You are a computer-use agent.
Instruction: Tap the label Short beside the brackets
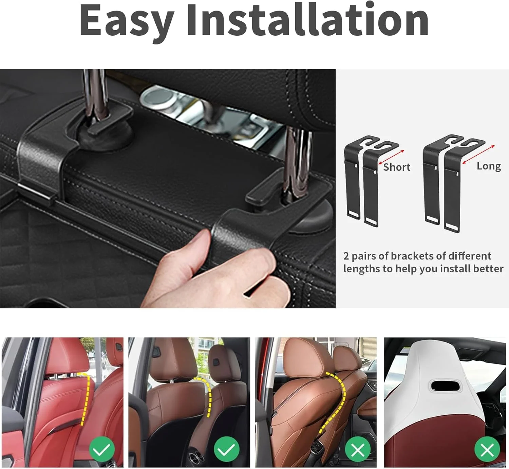tap(397, 167)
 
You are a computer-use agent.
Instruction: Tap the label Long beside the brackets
tap(489, 166)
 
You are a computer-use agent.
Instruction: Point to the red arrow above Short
tap(391, 157)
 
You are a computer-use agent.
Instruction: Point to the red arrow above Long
tap(478, 155)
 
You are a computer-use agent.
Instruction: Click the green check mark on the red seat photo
tap(101, 449)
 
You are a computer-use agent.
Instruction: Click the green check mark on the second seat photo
tap(227, 449)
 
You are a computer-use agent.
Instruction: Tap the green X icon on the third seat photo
tap(358, 450)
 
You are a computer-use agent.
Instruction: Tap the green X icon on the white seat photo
tap(487, 450)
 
